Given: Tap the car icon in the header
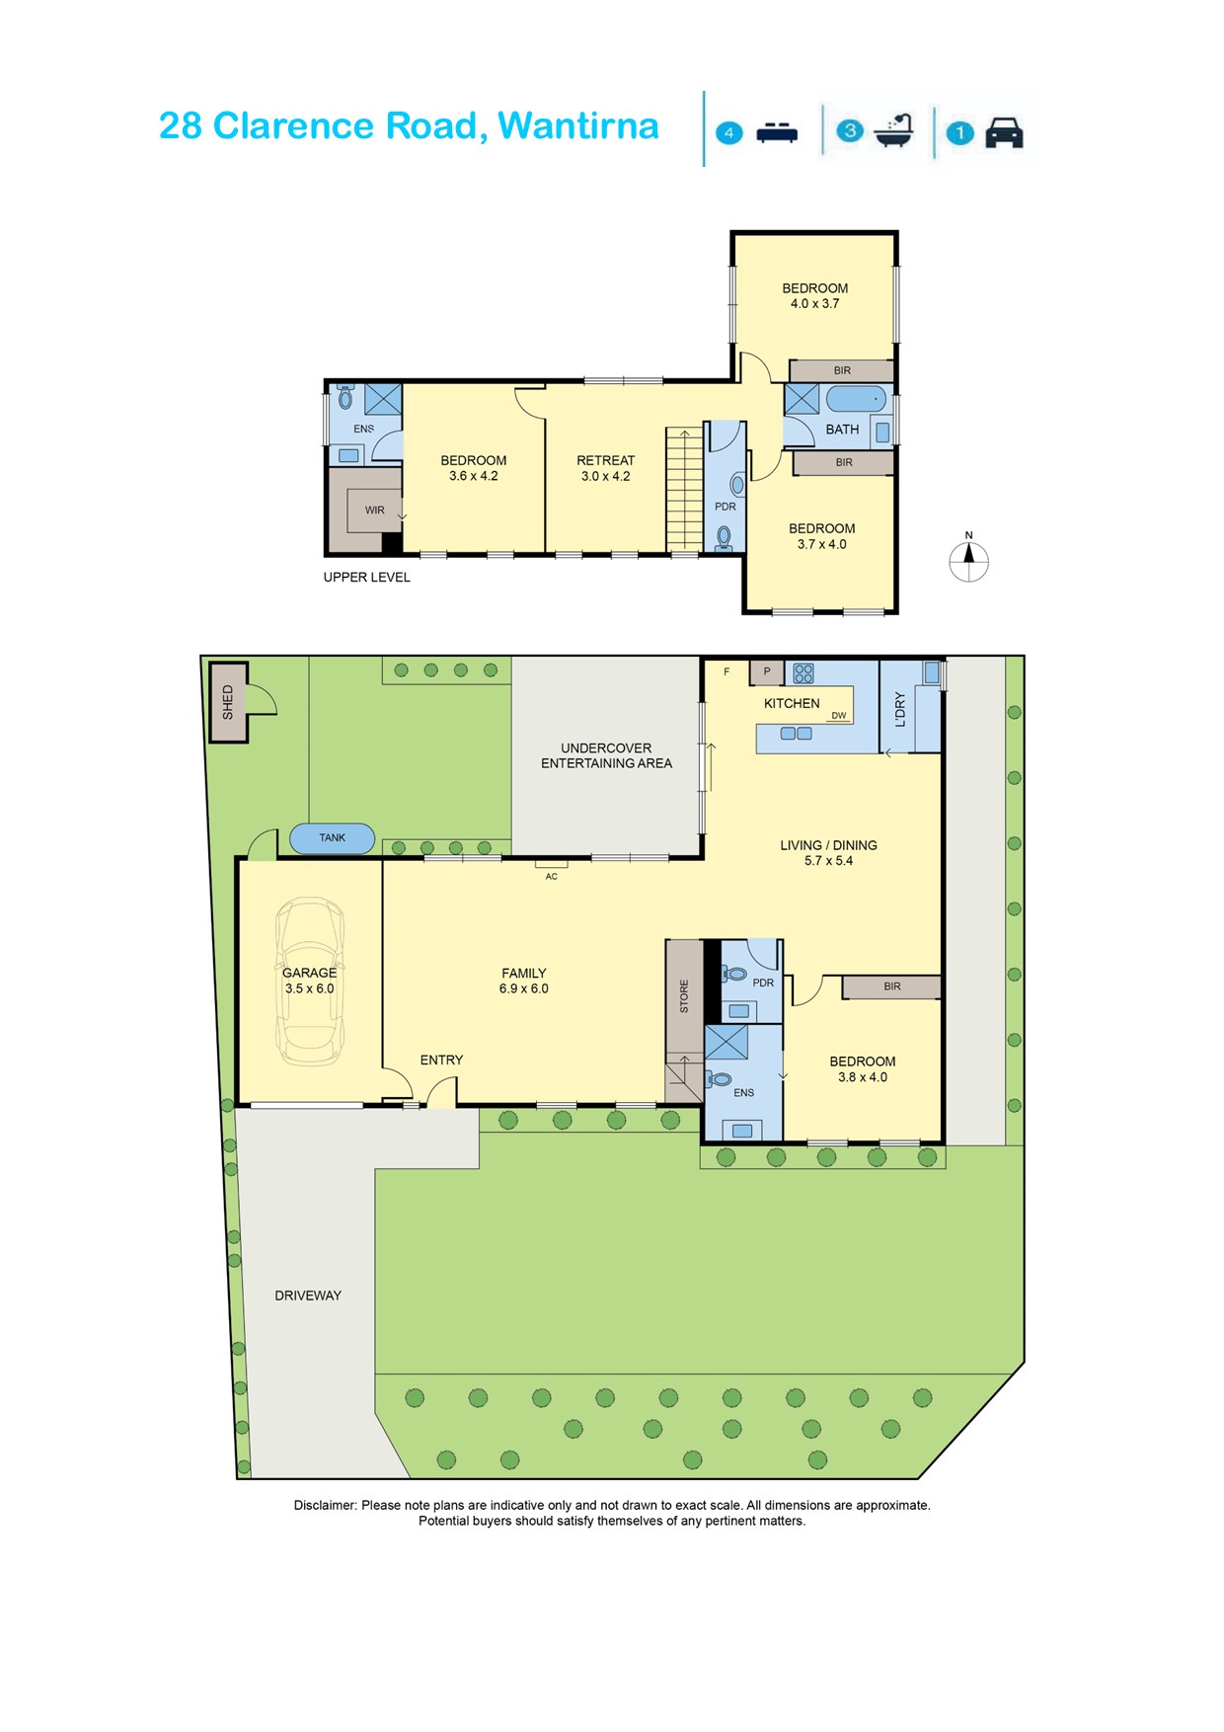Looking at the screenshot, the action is click(x=1004, y=132).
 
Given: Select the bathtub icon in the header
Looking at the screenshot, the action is click(x=894, y=130).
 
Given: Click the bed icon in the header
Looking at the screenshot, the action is click(x=777, y=132).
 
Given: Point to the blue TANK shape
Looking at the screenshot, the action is click(x=333, y=838).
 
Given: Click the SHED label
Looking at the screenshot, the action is click(x=228, y=701).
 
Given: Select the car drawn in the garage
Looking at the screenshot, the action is click(x=310, y=981).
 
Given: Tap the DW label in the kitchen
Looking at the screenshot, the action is click(x=839, y=716).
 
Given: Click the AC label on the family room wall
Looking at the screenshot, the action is click(x=552, y=876).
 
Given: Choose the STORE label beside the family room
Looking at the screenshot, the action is click(x=684, y=996).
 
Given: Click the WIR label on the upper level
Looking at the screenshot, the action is click(x=375, y=511).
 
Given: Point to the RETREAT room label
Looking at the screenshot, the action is click(x=606, y=460).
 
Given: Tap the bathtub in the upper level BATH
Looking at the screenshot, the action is click(x=856, y=399).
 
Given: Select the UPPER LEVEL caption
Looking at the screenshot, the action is click(x=367, y=577).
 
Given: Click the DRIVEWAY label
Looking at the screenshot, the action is click(x=308, y=1296).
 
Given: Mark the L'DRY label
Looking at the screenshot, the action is click(x=899, y=709).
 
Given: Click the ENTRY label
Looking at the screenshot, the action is click(x=441, y=1060).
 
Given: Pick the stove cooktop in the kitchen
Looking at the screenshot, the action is click(x=803, y=673).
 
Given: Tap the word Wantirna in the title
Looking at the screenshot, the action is click(x=577, y=126).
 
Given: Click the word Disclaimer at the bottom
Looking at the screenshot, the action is click(x=325, y=1505).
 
